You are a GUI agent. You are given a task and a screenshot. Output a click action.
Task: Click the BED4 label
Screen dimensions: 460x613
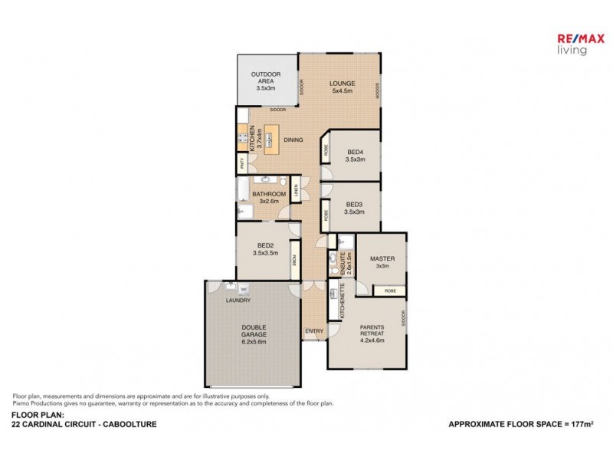pos(355,151)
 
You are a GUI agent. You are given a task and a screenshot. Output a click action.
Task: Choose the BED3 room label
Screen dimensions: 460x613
pos(354,204)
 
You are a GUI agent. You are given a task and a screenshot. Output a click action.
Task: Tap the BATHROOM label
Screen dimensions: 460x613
pos(269,195)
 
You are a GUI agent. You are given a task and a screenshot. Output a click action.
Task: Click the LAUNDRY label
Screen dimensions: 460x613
pos(238,301)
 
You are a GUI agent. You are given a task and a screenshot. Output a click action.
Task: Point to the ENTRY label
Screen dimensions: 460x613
pos(313,331)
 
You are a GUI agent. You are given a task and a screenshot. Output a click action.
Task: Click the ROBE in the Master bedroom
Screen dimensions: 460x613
pos(390,291)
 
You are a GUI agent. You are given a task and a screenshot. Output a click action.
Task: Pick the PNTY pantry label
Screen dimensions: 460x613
pos(242,163)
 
